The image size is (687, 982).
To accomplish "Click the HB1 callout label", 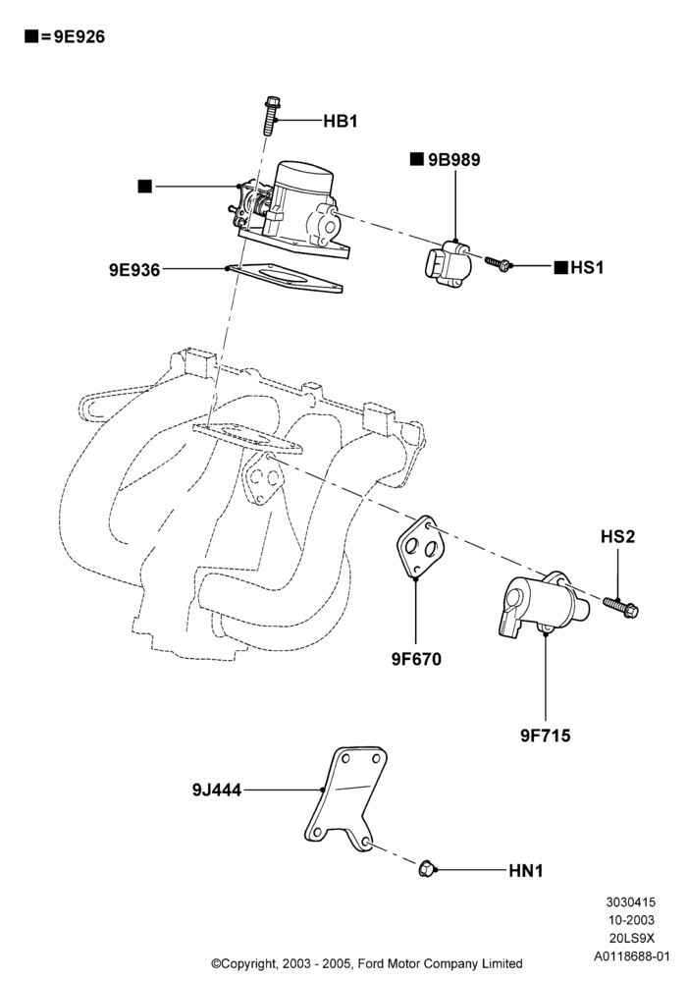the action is click(x=341, y=121).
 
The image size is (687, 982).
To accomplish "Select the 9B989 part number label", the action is click(x=453, y=160).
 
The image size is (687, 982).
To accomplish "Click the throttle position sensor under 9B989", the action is click(x=447, y=264).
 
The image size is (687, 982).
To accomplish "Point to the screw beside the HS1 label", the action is click(x=500, y=263).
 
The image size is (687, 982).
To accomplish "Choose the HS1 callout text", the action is click(x=587, y=268).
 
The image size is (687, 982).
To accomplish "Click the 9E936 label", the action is click(x=134, y=270).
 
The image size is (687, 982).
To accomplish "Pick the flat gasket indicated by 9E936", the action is click(x=286, y=278).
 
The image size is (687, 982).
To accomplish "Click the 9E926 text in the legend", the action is click(x=79, y=37).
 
